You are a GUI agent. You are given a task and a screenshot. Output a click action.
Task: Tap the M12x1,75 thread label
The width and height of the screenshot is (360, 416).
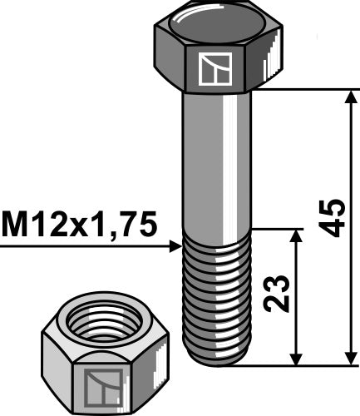coord(79,225)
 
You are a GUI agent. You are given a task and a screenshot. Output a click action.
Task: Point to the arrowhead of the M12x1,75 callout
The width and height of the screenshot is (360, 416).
coord(175,246)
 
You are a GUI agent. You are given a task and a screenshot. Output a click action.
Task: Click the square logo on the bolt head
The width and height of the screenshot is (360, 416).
coord(215,69)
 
